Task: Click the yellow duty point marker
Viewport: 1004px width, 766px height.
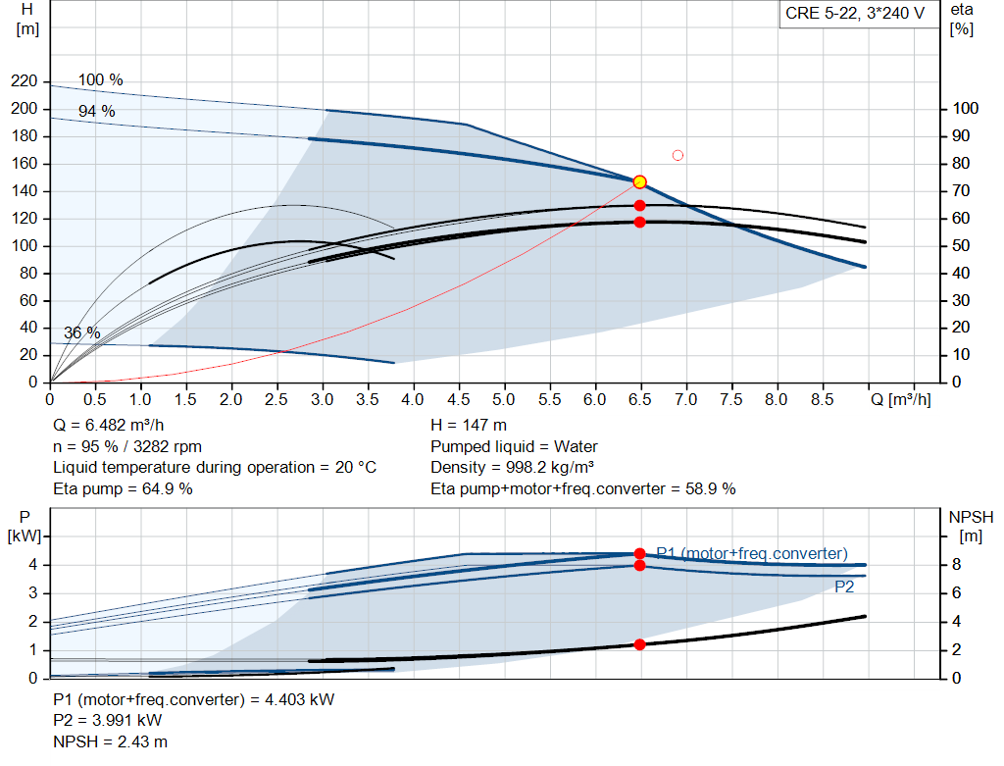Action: coord(639,182)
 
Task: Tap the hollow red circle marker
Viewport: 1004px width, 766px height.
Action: coord(678,155)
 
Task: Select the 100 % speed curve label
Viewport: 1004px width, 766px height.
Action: coord(101,80)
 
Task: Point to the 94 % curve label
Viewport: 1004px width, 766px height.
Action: coord(97,111)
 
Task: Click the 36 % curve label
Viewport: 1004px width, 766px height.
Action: coord(82,333)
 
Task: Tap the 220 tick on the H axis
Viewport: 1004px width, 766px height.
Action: coord(25,81)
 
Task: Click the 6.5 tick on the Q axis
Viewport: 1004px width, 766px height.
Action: coord(639,399)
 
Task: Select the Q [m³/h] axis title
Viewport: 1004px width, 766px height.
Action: coord(901,399)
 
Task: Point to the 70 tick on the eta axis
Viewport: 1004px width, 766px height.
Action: coord(961,191)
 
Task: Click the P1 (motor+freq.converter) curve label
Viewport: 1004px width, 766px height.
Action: coord(752,553)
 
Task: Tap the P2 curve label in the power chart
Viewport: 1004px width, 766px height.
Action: coord(844,587)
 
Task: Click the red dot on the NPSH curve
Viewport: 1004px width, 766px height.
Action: coord(639,644)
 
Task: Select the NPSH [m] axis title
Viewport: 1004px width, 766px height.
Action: coord(971,527)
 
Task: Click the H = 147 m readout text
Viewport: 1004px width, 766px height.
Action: coord(469,426)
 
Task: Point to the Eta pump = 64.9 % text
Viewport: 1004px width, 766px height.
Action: coord(123,489)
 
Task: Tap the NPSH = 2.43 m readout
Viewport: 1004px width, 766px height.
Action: coord(110,742)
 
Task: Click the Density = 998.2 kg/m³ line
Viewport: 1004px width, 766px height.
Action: coord(512,468)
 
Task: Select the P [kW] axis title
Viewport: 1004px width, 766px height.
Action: coord(25,527)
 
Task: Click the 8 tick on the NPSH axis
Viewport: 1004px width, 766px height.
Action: coord(957,565)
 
